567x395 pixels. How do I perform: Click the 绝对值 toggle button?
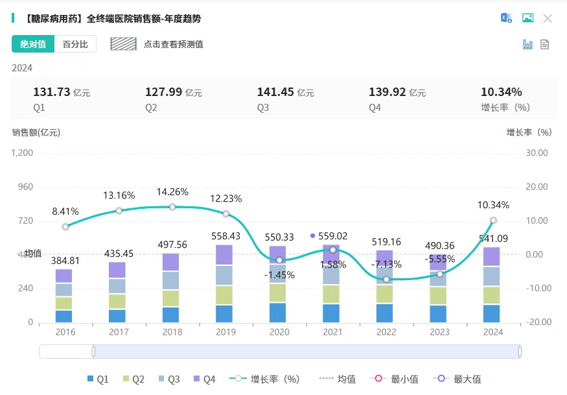coord(33,44)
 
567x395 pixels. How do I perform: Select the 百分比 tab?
coord(75,44)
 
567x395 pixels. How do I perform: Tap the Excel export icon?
coord(506,18)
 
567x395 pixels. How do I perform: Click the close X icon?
coord(548,18)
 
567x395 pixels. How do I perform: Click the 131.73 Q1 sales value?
coord(51,92)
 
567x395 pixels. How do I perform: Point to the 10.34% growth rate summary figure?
coord(501,92)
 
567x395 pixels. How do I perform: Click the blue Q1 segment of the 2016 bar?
coord(64,316)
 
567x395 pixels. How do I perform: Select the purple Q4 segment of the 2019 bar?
coord(224,256)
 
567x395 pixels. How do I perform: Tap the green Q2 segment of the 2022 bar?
coord(385,294)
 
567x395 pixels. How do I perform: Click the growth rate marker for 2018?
coord(172,207)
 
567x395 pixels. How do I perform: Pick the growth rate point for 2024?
coord(493,221)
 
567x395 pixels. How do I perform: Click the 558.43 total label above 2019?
coord(226,236)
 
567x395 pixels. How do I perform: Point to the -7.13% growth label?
coord(387,265)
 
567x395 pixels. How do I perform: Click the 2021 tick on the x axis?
coord(332,332)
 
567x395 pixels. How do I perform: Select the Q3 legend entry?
coord(168,379)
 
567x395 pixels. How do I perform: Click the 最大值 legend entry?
coord(459,379)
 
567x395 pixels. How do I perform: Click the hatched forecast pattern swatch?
coord(123,44)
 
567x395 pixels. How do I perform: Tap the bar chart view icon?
coord(528,44)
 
